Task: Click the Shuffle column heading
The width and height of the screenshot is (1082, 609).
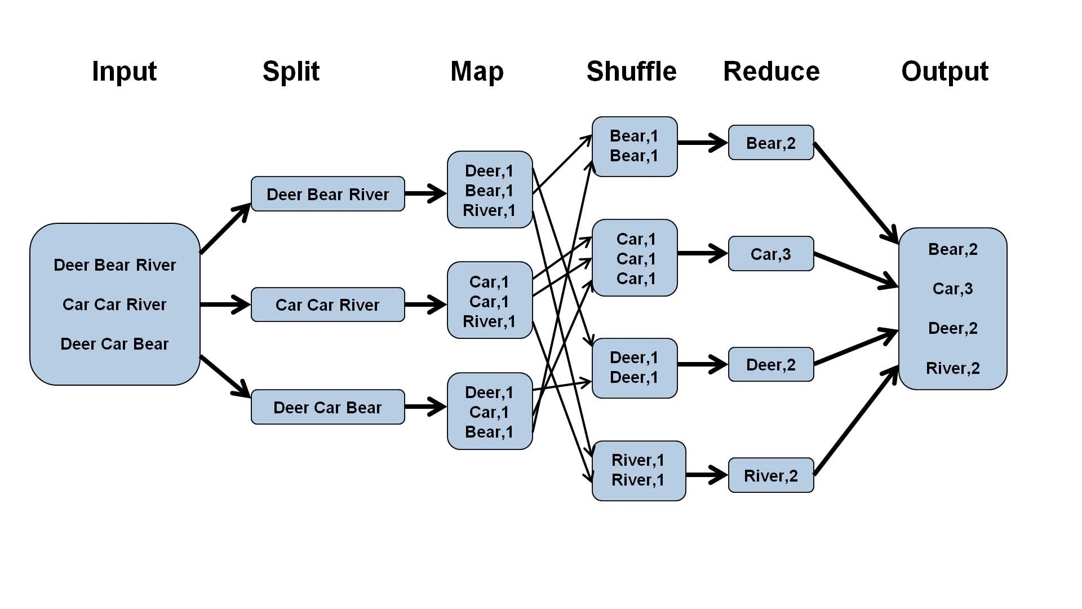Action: point(631,72)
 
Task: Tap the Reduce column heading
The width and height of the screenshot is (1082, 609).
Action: point(771,72)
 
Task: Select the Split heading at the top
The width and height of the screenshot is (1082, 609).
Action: point(291,72)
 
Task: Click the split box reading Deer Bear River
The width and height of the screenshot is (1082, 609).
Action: point(327,194)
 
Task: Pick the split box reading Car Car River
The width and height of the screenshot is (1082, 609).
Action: point(327,304)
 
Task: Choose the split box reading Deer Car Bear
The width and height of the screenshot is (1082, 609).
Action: point(327,407)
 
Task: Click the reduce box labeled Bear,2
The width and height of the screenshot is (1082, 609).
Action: point(771,143)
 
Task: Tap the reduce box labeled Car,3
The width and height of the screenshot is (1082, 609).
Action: point(771,254)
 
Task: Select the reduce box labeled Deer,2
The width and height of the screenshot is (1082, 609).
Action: point(771,365)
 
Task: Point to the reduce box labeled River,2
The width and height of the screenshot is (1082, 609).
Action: point(771,475)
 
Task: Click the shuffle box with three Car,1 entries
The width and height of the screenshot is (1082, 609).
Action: point(635,258)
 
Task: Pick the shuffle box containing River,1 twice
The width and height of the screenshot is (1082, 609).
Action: point(638,470)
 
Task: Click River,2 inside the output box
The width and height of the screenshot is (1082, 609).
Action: point(952,368)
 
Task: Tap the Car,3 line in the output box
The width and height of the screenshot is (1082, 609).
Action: point(952,289)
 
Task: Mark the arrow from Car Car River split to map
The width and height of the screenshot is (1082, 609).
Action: point(425,304)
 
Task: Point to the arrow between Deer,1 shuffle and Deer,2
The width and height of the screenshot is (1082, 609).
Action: point(702,365)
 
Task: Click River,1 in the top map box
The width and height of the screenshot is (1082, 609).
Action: point(489,210)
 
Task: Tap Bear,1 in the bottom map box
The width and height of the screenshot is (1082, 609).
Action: point(489,432)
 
